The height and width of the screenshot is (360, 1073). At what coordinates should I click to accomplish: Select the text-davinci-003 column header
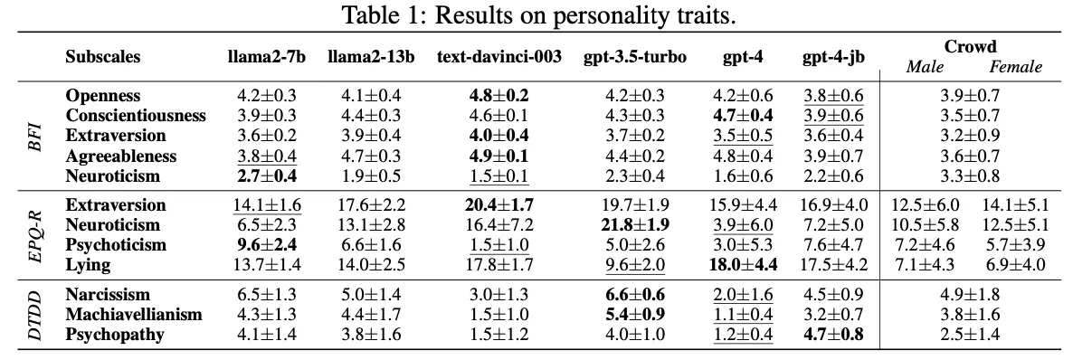[499, 57]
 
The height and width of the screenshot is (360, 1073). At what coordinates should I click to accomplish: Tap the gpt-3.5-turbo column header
[634, 57]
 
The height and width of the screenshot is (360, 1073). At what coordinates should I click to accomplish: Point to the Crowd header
[970, 46]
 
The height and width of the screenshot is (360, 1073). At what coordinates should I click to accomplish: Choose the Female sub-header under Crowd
[1015, 66]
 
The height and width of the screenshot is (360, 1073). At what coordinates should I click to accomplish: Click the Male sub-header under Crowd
[926, 66]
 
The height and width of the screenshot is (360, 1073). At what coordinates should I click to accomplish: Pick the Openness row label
[103, 96]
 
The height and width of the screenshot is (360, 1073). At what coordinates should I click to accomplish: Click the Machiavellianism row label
[134, 314]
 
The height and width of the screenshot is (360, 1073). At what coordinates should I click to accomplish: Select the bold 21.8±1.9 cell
[634, 224]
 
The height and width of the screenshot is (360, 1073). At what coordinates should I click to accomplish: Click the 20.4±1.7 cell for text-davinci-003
[499, 204]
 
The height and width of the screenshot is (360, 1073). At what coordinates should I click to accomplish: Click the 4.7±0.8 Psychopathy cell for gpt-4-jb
[834, 335]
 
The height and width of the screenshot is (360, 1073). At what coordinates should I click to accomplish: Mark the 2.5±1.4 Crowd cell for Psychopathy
[970, 335]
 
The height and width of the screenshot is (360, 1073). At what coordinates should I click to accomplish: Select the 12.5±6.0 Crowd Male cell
[926, 204]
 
